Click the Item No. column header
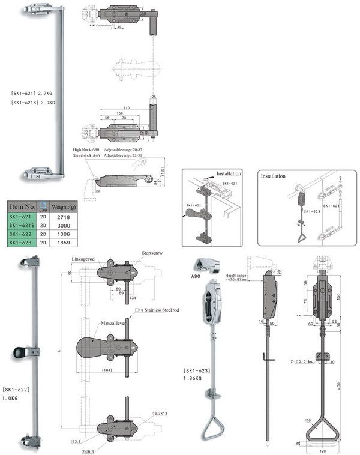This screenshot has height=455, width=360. [x=22, y=208]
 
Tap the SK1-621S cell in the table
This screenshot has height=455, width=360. [x=22, y=225]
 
